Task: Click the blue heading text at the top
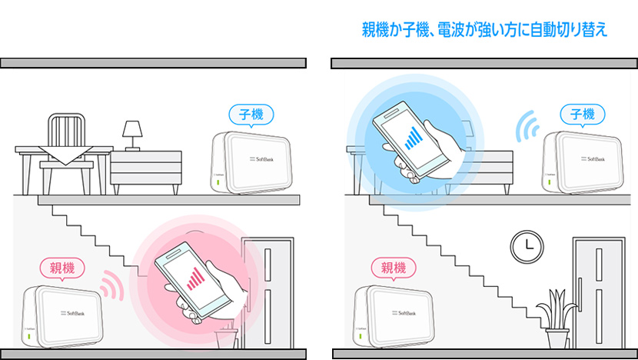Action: [484, 30]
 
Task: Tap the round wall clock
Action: [524, 247]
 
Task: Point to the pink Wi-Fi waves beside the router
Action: [112, 285]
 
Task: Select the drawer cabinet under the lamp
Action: [146, 171]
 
